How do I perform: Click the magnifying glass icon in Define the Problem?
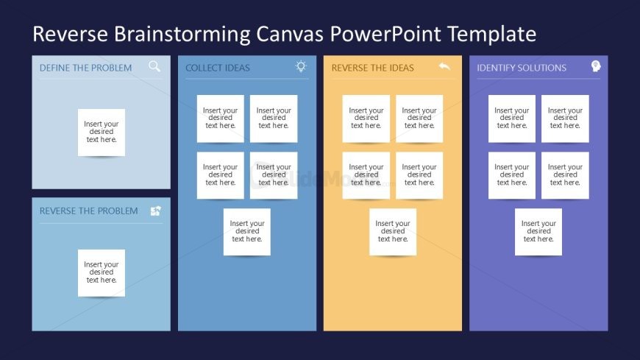[154, 66]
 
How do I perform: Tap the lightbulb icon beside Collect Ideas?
[301, 66]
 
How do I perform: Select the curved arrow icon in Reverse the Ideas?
[444, 66]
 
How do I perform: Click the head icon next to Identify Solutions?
[596, 66]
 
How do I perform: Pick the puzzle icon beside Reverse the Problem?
[155, 211]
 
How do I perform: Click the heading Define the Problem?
[86, 68]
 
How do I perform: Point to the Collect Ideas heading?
[218, 68]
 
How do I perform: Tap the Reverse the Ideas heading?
[373, 68]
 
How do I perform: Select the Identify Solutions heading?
[522, 68]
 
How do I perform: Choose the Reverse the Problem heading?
[88, 211]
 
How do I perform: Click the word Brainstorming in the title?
[182, 35]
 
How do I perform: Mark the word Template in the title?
[492, 35]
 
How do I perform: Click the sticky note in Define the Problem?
[102, 133]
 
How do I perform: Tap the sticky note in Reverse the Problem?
[102, 273]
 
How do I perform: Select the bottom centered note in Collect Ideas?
[247, 232]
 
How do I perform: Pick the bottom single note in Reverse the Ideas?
[393, 232]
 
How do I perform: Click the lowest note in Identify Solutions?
[538, 232]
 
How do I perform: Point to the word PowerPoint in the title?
[385, 34]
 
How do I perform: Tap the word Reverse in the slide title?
[70, 34]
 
